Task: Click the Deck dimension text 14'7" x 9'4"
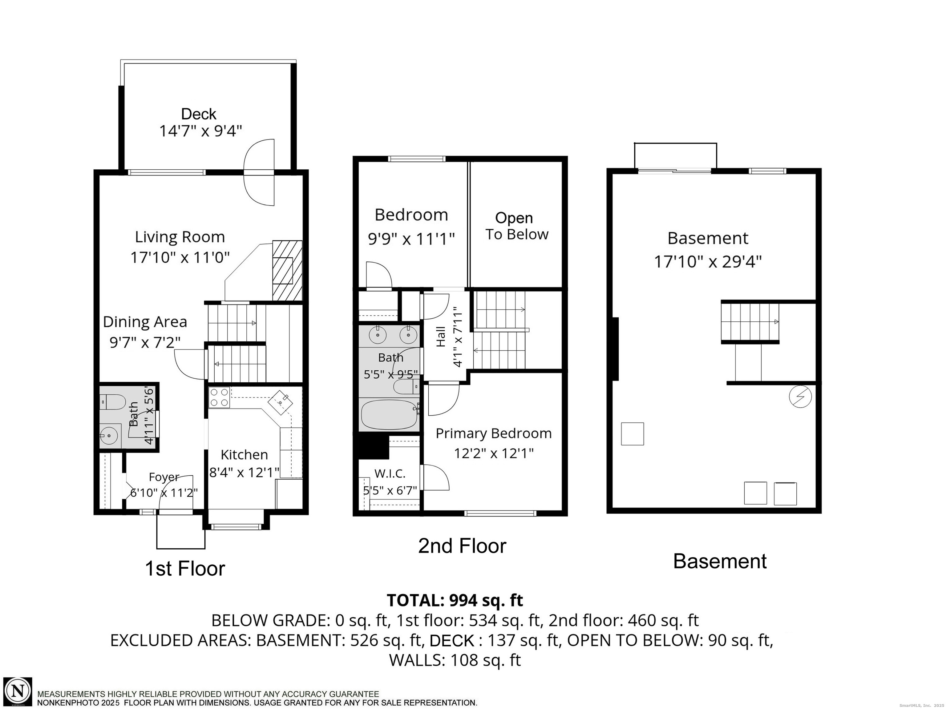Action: [200, 131]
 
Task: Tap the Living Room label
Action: [180, 237]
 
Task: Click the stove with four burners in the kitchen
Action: [219, 397]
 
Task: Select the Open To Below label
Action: [516, 226]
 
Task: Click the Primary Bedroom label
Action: [494, 433]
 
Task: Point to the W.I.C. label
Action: [390, 473]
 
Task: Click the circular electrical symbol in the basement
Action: [800, 397]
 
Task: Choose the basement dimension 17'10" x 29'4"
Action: [708, 261]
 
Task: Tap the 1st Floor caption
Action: [185, 569]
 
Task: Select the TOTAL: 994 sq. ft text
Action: [455, 600]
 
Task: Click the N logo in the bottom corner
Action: [18, 691]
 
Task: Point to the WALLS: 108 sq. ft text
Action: [455, 660]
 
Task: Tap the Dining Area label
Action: [145, 322]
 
